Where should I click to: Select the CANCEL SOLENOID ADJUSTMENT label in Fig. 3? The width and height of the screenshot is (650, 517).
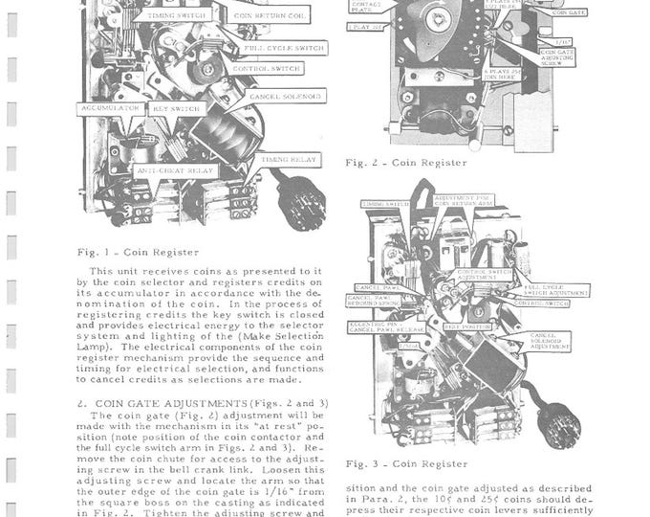(546, 341)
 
